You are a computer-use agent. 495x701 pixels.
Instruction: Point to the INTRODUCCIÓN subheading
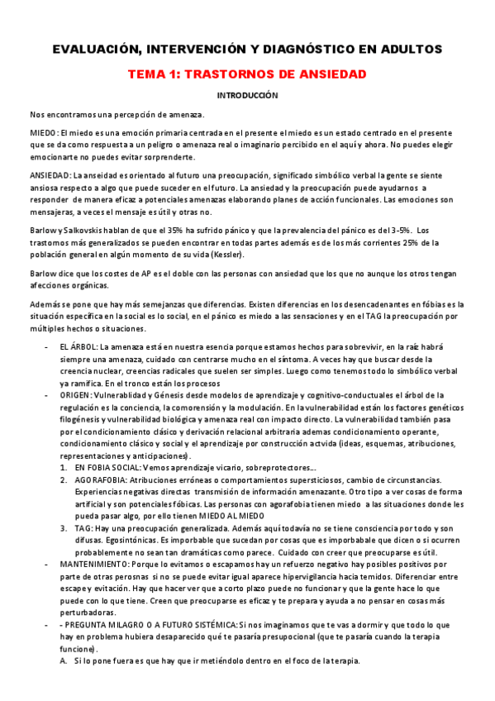pos(247,96)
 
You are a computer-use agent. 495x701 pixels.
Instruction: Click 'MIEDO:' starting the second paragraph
pos(44,133)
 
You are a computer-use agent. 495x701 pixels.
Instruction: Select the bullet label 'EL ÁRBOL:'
pos(79,349)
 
